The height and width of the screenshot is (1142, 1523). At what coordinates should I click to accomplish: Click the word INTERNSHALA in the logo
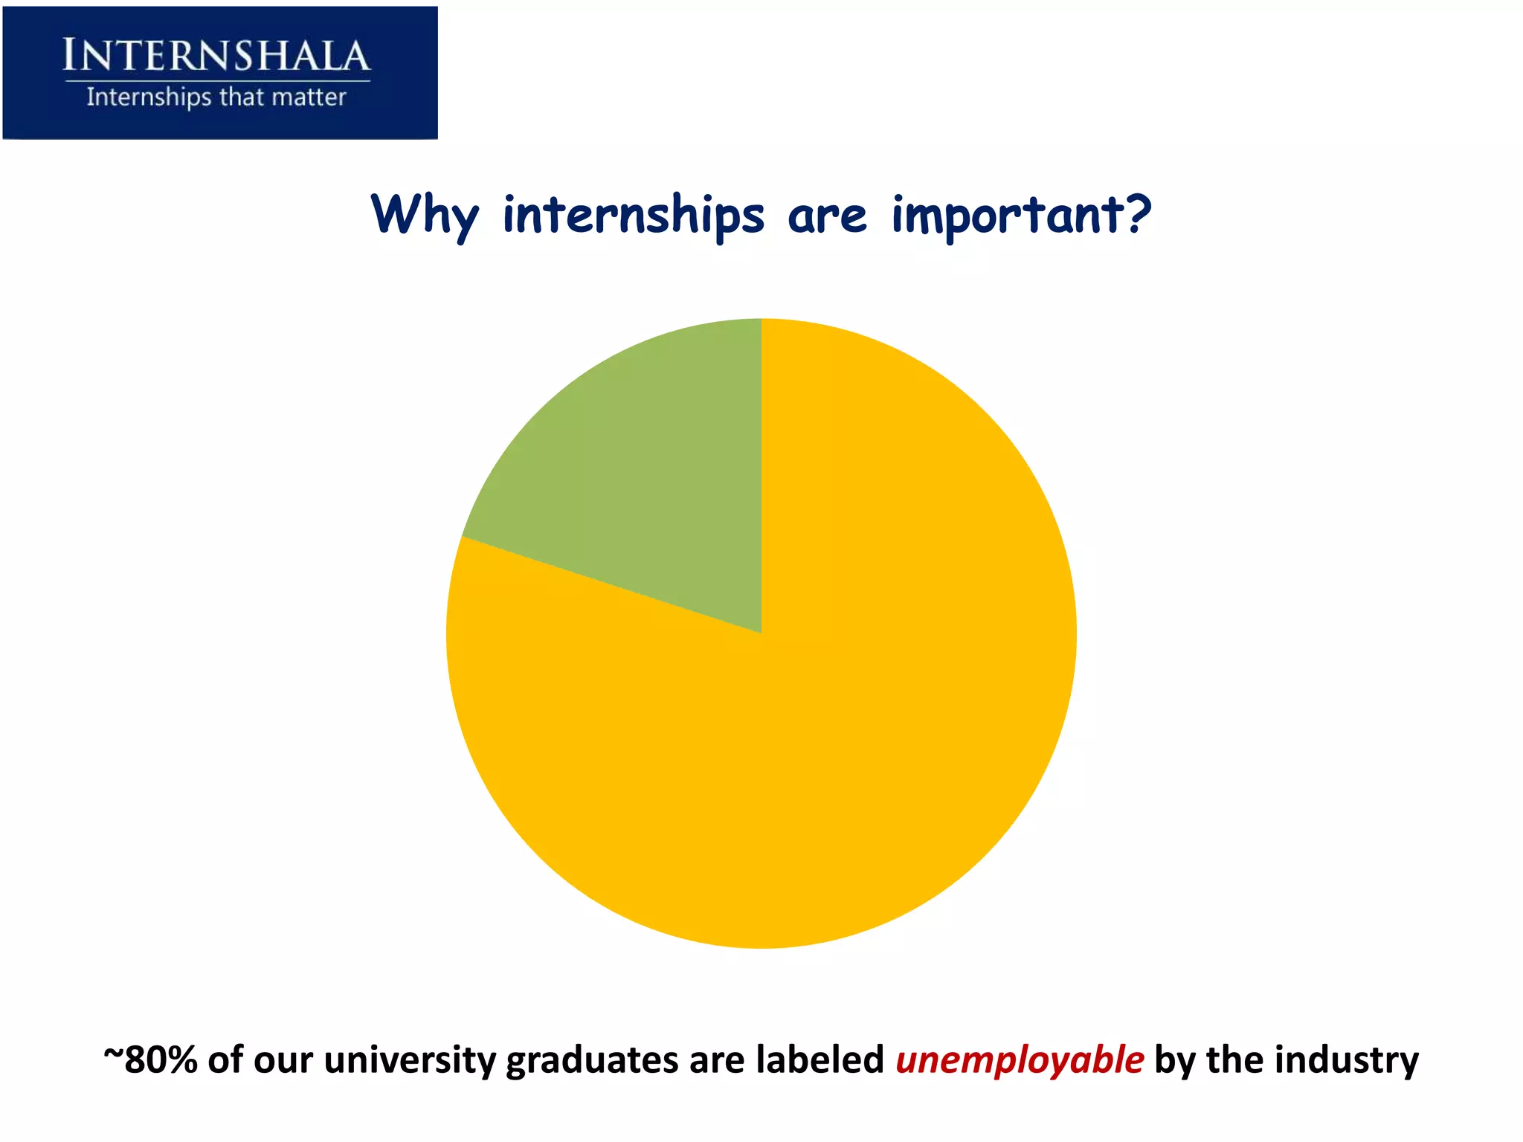point(216,56)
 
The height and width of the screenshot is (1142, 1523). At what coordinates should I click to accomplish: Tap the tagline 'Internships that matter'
point(216,97)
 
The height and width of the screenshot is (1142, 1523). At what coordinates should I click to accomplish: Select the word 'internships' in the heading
point(633,216)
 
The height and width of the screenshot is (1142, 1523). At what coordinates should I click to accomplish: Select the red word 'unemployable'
point(1020,1059)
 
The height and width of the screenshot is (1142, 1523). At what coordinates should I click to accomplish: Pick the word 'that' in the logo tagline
point(242,97)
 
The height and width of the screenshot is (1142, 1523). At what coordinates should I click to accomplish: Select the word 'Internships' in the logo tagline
point(149,97)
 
